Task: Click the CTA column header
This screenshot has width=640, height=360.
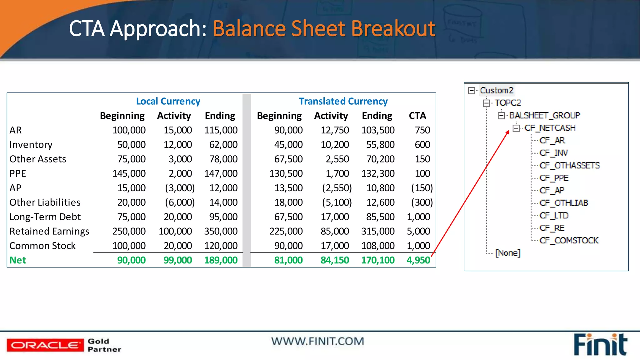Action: pos(417,116)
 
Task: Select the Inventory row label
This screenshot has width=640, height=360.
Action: pos(31,145)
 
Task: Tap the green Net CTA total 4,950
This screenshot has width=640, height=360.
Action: pos(418,260)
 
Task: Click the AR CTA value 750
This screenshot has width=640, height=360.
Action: pos(422,130)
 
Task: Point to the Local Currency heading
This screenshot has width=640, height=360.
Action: pos(168,101)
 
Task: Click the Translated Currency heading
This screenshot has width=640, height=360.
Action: pos(343,101)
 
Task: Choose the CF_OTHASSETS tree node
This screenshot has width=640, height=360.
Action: pos(569,165)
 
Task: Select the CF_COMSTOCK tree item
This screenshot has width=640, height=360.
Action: pos(569,240)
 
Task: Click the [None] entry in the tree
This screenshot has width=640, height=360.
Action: pos(508,253)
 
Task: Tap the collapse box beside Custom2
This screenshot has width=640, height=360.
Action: pos(472,91)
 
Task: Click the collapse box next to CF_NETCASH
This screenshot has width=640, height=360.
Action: pos(516,128)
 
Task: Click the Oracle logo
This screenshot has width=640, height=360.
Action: pos(45,345)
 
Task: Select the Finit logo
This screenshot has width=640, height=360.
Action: pos(600,345)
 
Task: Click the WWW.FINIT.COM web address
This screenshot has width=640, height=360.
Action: pos(317,341)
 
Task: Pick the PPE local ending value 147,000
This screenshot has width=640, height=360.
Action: pos(221,173)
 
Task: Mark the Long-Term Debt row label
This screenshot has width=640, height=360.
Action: pos(45,217)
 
